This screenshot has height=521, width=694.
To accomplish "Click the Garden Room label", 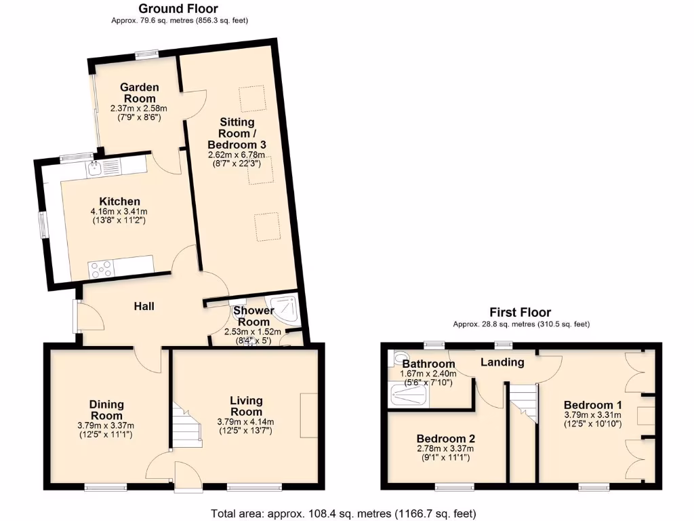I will coord(139,93).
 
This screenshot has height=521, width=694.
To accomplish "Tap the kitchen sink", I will coord(94,166).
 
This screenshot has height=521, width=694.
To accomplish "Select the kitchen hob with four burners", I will coord(102,269).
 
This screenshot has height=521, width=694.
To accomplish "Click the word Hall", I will coord(144,307).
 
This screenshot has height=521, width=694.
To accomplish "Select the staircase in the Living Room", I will coord(186,425).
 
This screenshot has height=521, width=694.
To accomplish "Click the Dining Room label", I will coord(106,410).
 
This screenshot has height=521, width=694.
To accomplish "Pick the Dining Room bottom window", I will coord(105,486).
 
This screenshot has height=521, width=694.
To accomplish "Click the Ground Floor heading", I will coord(178,9).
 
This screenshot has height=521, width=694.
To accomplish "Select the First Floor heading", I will coord(520,312).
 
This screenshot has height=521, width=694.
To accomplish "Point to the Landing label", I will coord(502,362).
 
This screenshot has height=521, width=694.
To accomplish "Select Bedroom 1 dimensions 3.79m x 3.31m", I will coord(592,414).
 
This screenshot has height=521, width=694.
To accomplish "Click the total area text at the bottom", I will coord(344,514).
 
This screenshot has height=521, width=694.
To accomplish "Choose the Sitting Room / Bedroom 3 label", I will coord(237,133).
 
